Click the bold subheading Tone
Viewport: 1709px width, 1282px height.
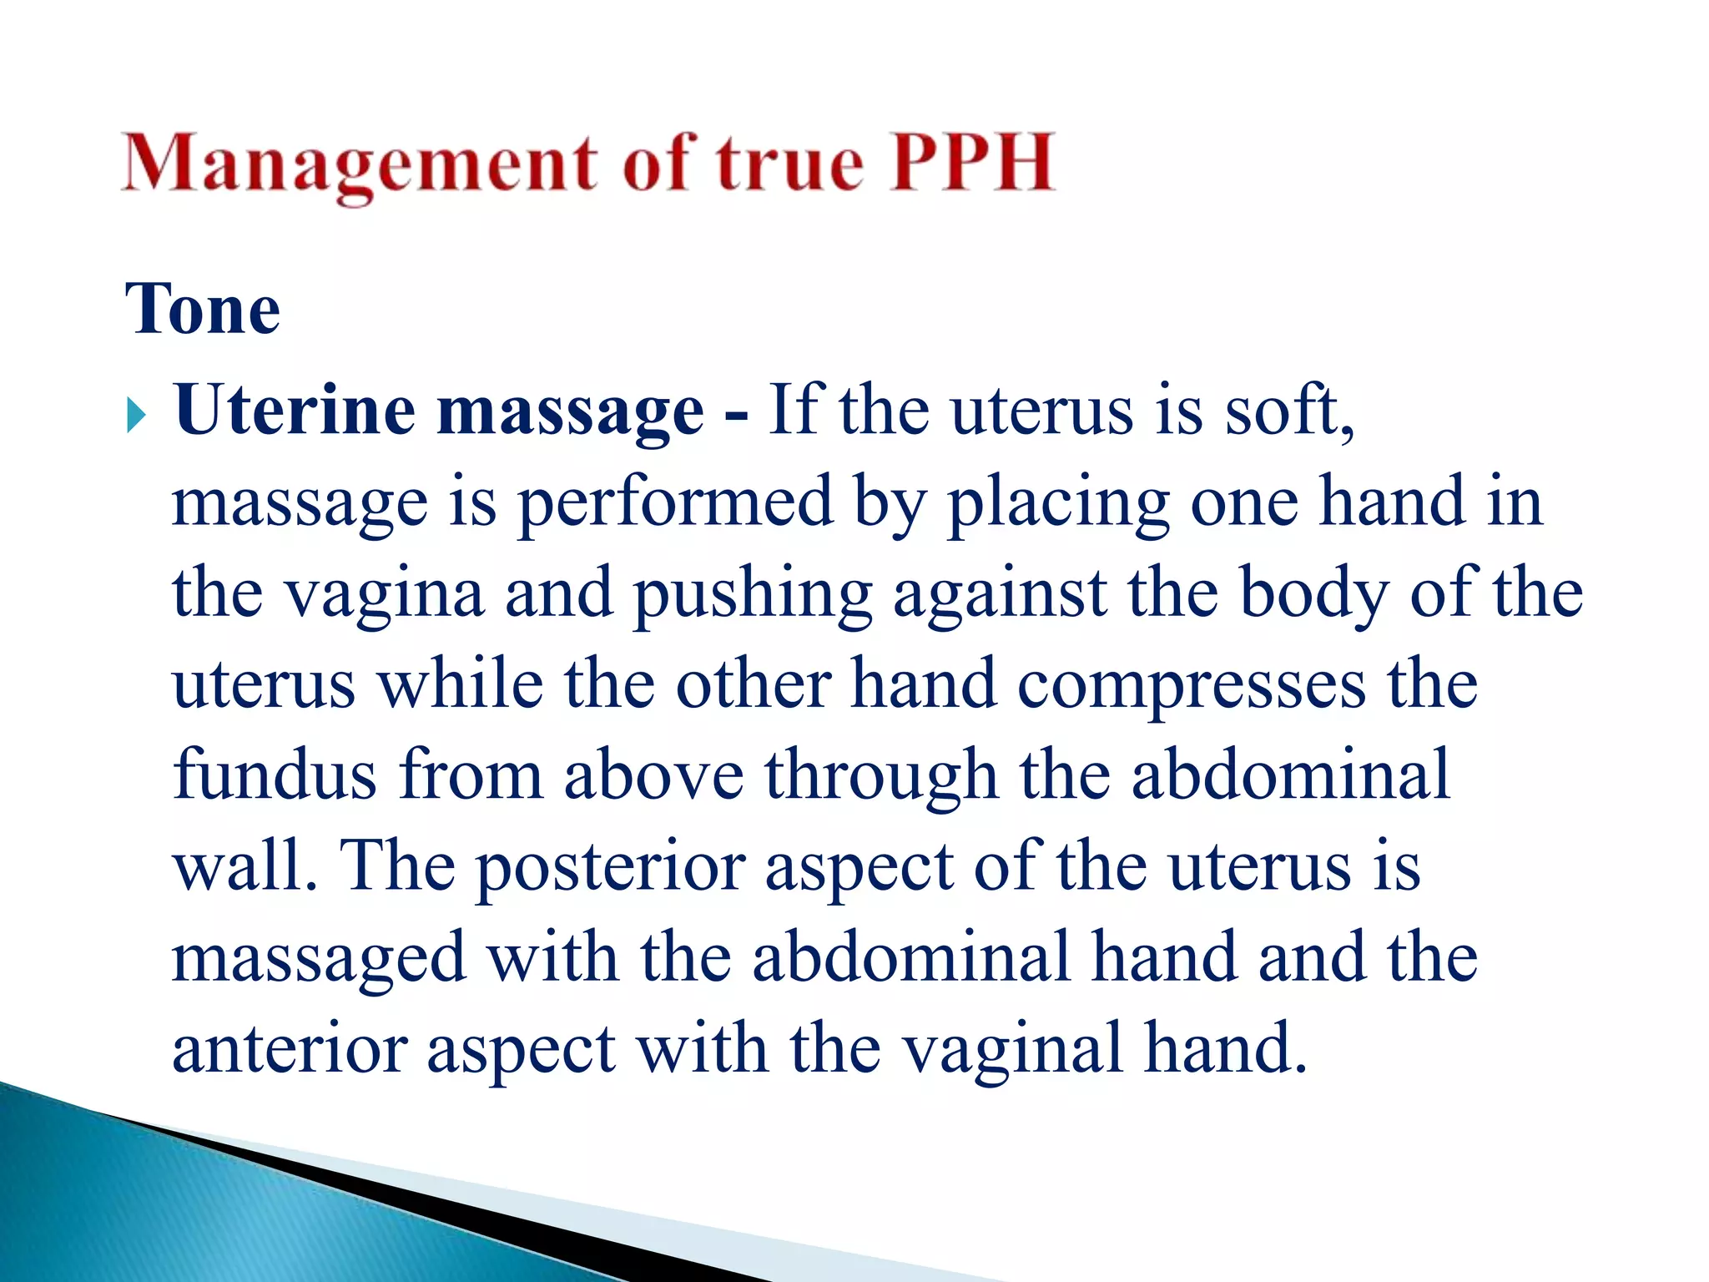click(x=203, y=309)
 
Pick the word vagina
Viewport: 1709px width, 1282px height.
click(x=385, y=595)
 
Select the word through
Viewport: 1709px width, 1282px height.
click(x=881, y=777)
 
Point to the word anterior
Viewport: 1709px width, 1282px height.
click(x=290, y=1049)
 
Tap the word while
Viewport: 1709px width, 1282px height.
click(x=461, y=684)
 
